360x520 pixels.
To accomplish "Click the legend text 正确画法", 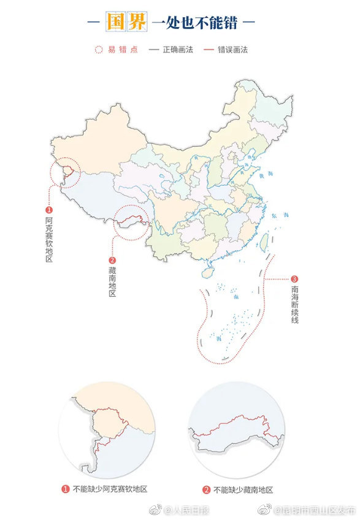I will point(178,50).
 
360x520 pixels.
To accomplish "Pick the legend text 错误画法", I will point(232,50).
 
